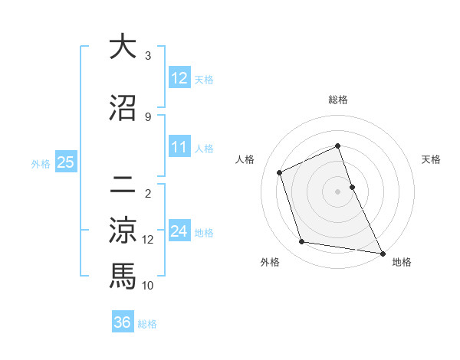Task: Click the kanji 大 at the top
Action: [x=123, y=47]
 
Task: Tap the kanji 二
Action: [x=123, y=184]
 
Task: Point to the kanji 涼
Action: [x=123, y=231]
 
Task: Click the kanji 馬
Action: [x=123, y=276]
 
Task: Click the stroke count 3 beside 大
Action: [x=148, y=56]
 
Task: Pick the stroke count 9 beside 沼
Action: [x=148, y=116]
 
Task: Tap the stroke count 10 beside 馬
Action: [x=148, y=285]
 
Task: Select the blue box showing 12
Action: [x=179, y=78]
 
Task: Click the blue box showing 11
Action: [x=179, y=148]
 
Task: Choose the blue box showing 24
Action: [x=179, y=232]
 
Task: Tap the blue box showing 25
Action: [x=65, y=162]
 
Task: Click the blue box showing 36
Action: [x=122, y=322]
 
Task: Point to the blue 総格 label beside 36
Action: [x=147, y=324]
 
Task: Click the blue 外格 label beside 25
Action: [x=41, y=163]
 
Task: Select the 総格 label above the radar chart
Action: [x=337, y=100]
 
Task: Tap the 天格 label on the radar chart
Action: [x=431, y=159]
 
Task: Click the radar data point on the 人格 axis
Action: [x=280, y=172]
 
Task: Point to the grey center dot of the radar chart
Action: [x=337, y=191]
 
